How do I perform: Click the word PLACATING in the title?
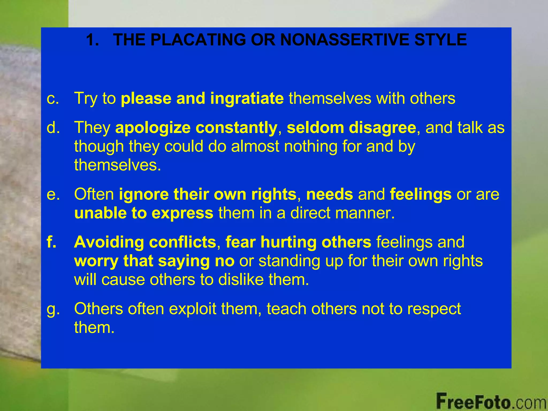pyautogui.click(x=198, y=40)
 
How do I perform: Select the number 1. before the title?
pyautogui.click(x=93, y=40)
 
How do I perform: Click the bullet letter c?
pyautogui.click(x=53, y=98)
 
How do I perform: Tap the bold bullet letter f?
pyautogui.click(x=52, y=242)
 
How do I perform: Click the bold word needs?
pyautogui.click(x=329, y=194)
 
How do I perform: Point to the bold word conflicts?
pyautogui.click(x=182, y=242)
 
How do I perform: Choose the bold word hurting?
pyautogui.click(x=289, y=242)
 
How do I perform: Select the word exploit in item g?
pyautogui.click(x=192, y=309)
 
